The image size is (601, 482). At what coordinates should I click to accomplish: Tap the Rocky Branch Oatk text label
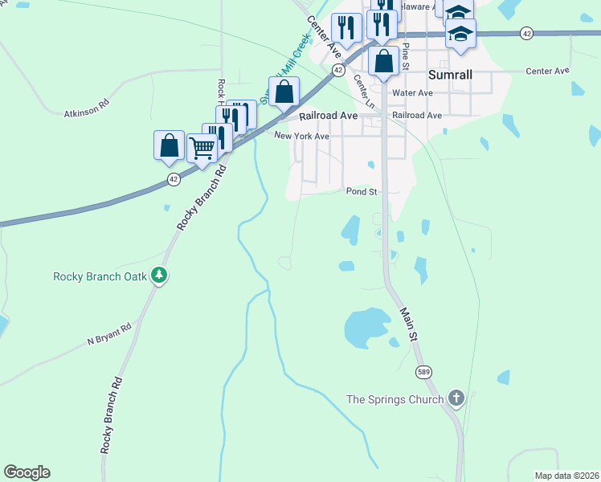[100, 276]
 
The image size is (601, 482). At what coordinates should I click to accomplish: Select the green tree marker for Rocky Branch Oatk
[160, 276]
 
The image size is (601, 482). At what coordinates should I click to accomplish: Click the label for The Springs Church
[395, 399]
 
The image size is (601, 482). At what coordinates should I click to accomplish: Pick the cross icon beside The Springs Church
[456, 398]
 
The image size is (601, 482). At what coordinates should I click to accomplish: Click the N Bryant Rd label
[109, 335]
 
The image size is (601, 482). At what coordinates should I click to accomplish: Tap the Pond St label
[362, 192]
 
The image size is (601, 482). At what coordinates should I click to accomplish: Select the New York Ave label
[301, 137]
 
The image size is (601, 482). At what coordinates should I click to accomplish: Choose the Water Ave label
[412, 93]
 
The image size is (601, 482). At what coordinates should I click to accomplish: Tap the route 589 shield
[423, 371]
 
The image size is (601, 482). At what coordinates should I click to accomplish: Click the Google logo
[27, 472]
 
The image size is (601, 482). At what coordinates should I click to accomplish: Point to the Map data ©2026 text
[566, 476]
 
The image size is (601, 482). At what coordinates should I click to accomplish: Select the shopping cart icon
[202, 147]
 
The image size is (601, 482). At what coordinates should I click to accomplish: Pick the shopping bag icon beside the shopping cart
[169, 145]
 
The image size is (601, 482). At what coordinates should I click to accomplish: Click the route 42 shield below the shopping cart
[173, 179]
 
